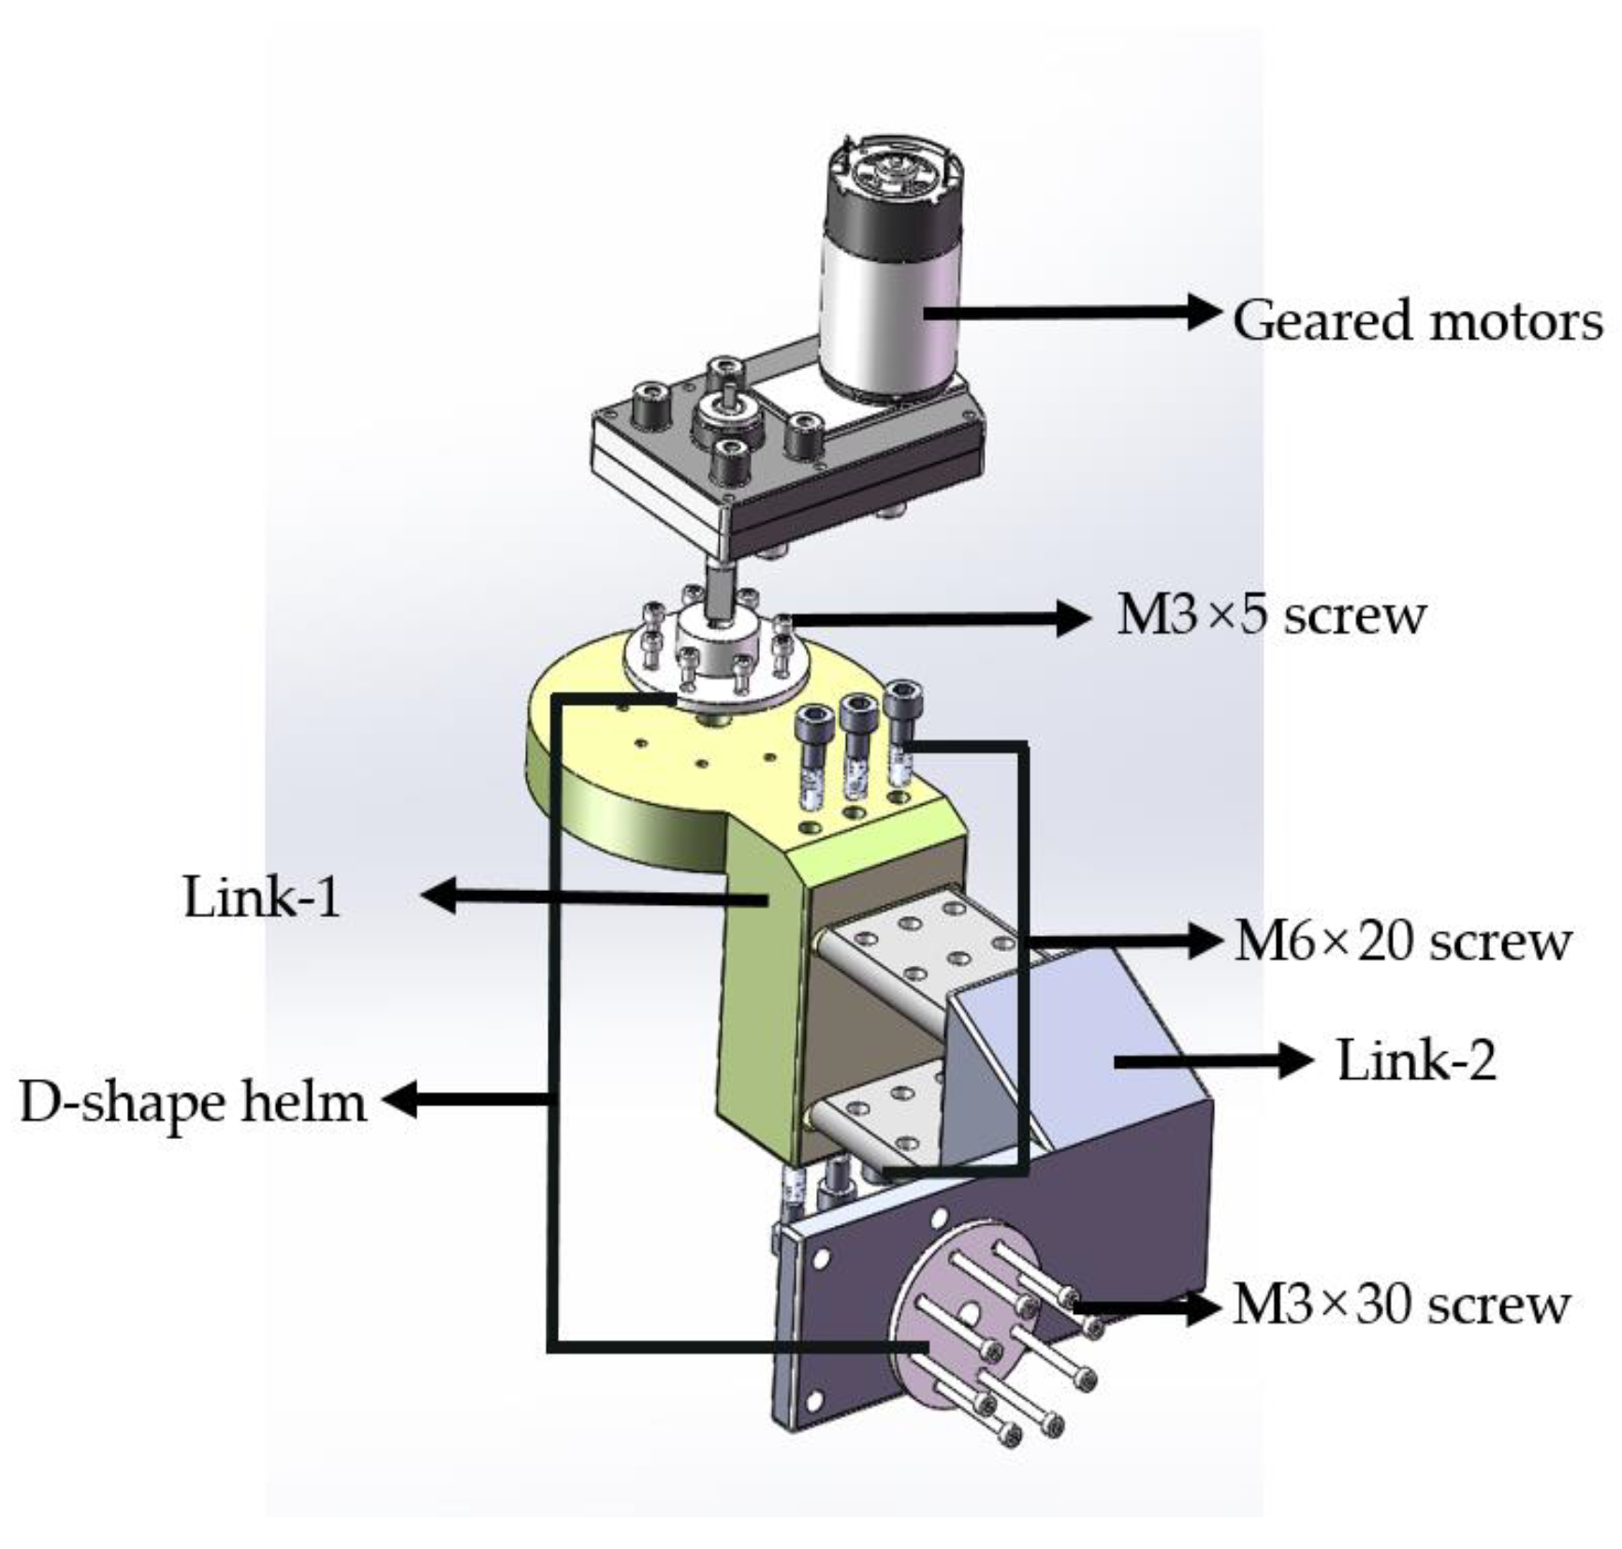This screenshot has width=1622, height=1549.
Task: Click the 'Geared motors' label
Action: click(1417, 321)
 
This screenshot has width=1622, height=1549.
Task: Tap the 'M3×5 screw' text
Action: click(1271, 616)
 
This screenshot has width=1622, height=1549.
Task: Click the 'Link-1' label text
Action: click(262, 897)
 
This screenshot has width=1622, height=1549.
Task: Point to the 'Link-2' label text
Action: click(1416, 1061)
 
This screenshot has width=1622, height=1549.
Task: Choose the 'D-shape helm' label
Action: click(193, 1103)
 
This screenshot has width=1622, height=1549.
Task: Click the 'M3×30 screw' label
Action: click(1400, 1304)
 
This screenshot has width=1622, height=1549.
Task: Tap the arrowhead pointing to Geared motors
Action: click(1207, 312)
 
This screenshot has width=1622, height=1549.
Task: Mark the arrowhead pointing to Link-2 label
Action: click(1297, 1060)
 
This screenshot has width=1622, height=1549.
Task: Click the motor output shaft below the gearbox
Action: click(721, 590)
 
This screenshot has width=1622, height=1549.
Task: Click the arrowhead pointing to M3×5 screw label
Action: click(1073, 618)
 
